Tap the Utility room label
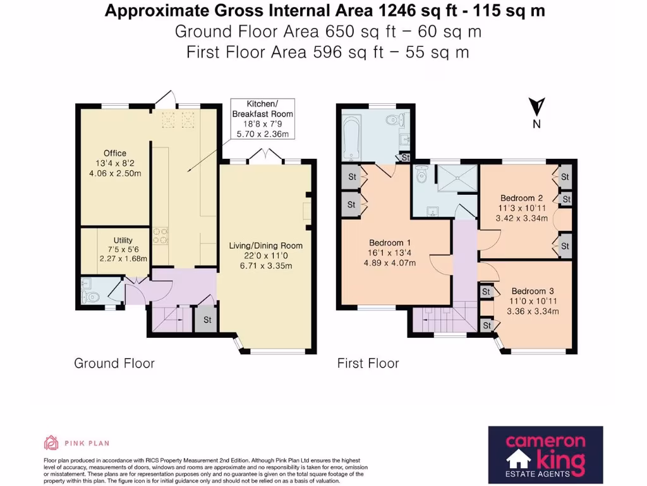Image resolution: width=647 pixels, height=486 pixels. pyautogui.click(x=123, y=249)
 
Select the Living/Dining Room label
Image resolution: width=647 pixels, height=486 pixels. pyautogui.click(x=266, y=256)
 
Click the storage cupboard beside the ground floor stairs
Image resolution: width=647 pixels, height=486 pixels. pyautogui.click(x=207, y=320)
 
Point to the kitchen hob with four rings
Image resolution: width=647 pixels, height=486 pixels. pyautogui.click(x=161, y=236)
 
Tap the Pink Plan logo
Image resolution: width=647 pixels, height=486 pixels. pyautogui.click(x=76, y=442)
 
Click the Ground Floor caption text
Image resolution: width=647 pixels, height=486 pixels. pyautogui.click(x=114, y=363)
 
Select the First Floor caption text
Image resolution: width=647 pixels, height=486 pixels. pyautogui.click(x=368, y=363)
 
